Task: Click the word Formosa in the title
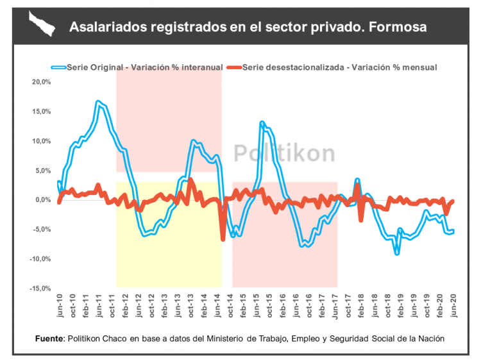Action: click(x=399, y=27)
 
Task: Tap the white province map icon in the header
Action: click(x=42, y=26)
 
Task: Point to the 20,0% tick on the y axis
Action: click(x=41, y=82)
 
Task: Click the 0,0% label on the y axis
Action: click(x=42, y=200)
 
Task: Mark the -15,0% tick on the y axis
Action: click(x=40, y=289)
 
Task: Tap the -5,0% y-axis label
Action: click(x=41, y=230)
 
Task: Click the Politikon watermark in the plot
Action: click(x=283, y=153)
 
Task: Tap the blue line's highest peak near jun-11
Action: click(x=98, y=102)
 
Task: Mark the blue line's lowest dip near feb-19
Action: click(x=397, y=253)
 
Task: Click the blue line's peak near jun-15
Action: click(x=262, y=122)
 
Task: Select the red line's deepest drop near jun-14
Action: click(x=223, y=239)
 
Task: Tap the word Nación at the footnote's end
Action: click(x=430, y=338)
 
